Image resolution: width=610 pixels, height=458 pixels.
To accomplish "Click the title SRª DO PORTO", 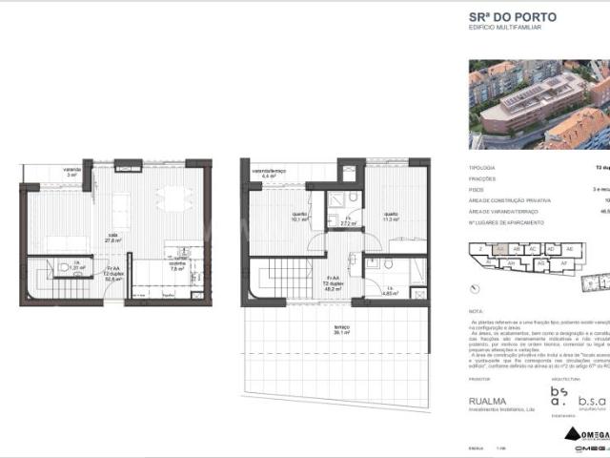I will tap(511, 16).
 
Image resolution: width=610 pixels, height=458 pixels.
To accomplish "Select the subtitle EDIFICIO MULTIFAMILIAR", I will tap(504, 29).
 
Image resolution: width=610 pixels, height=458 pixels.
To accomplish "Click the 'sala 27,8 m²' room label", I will tap(112, 239).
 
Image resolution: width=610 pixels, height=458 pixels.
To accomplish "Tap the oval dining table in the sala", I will tap(173, 198).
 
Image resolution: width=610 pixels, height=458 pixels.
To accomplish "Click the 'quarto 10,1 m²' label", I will tap(298, 216).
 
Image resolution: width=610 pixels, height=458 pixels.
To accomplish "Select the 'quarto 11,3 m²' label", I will tap(390, 216).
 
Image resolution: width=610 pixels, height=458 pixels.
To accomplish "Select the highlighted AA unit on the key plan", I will tap(499, 249).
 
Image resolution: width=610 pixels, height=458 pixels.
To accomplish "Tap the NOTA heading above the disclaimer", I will tap(477, 311).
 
